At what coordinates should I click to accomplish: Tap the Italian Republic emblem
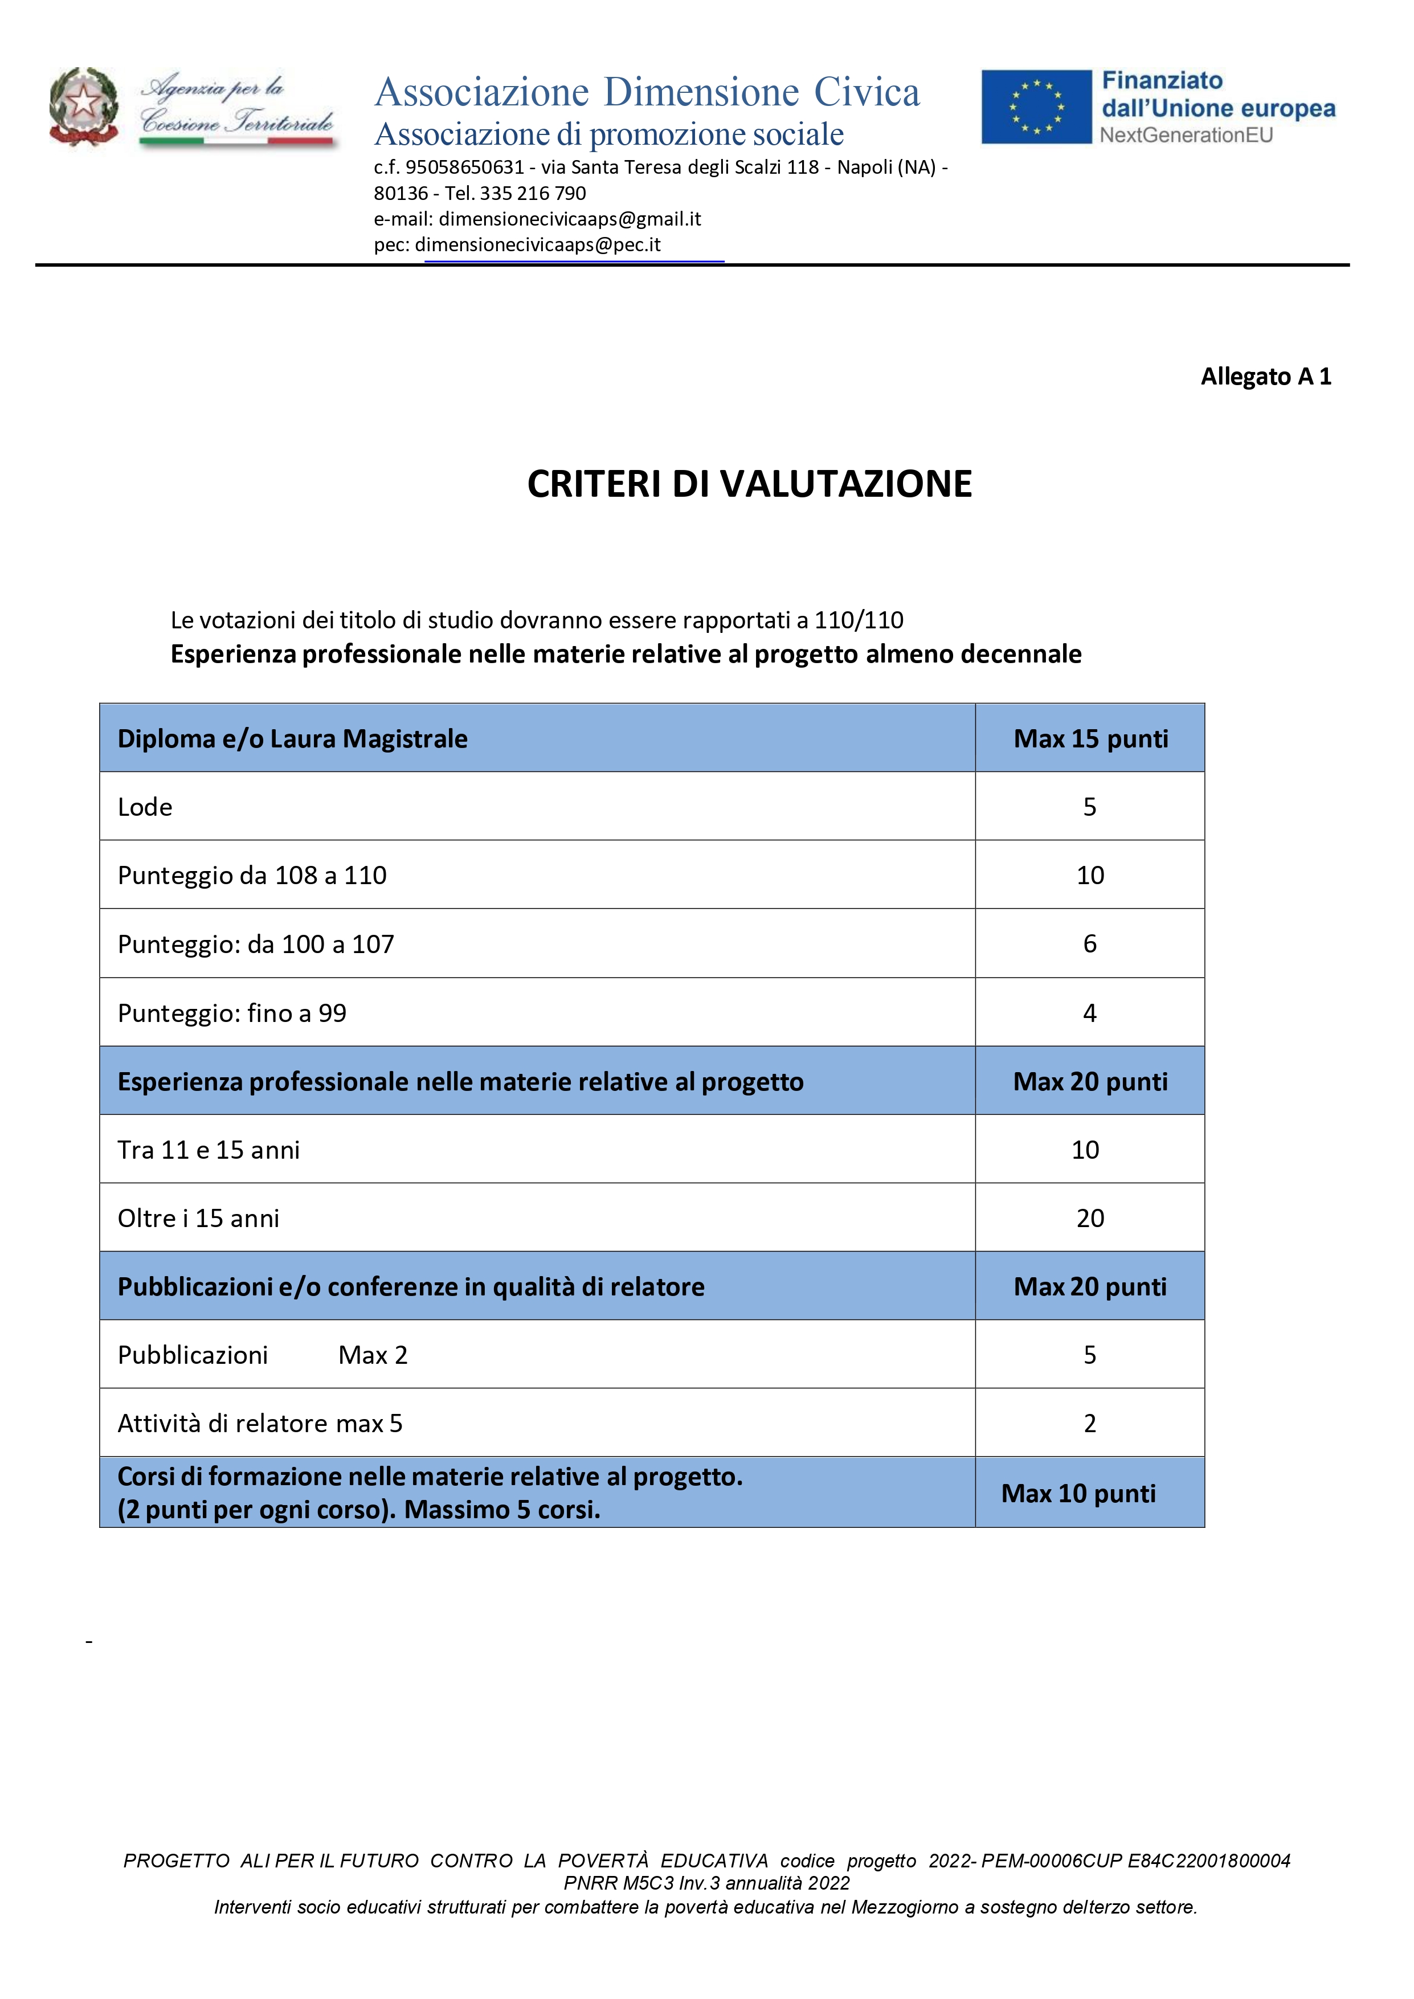(84, 106)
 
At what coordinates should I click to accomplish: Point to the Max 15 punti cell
(1090, 738)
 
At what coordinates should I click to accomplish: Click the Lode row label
(145, 807)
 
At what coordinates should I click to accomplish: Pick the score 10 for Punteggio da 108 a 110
(1090, 875)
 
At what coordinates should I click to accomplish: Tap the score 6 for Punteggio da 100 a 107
(1090, 944)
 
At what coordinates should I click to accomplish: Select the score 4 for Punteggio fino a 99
(1090, 1012)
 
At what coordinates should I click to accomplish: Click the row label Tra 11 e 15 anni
(209, 1150)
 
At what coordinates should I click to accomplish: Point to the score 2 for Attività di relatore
(1090, 1424)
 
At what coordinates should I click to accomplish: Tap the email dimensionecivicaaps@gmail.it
(570, 219)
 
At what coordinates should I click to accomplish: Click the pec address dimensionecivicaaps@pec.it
(537, 244)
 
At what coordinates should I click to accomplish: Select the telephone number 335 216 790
(533, 193)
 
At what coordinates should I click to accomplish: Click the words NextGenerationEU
(1186, 135)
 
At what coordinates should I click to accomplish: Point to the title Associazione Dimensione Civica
(647, 92)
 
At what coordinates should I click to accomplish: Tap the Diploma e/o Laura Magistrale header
(293, 738)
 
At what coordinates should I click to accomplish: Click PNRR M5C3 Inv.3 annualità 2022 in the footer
(706, 1883)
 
